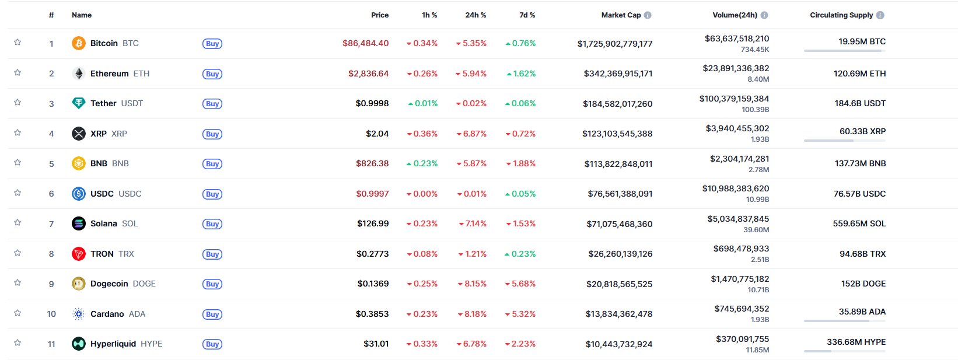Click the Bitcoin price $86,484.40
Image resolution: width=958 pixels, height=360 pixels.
pyautogui.click(x=365, y=43)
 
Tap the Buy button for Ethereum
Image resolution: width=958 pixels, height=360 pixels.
pyautogui.click(x=212, y=74)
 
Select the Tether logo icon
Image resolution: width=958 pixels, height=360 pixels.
pyautogui.click(x=78, y=103)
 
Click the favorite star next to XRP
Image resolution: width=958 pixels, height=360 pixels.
pyautogui.click(x=18, y=132)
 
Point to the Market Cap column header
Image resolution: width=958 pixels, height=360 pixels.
pyautogui.click(x=621, y=15)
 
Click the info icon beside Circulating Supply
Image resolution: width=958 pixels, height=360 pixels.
pyautogui.click(x=880, y=15)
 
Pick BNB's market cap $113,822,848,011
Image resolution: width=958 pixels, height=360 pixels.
pyautogui.click(x=618, y=164)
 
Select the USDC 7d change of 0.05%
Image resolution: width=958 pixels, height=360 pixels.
pyautogui.click(x=520, y=194)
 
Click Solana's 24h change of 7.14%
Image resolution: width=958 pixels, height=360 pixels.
pyautogui.click(x=472, y=223)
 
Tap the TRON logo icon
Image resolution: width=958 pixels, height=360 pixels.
pyautogui.click(x=78, y=254)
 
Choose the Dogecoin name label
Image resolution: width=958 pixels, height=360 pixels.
pyautogui.click(x=109, y=284)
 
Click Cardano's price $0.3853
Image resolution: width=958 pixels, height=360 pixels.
pyautogui.click(x=372, y=314)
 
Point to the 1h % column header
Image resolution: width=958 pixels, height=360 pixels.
pyautogui.click(x=429, y=15)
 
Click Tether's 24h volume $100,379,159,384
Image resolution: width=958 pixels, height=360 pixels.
pyautogui.click(x=734, y=99)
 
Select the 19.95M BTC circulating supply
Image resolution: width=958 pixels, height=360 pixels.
pyautogui.click(x=862, y=41)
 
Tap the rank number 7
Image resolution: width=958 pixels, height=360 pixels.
pyautogui.click(x=51, y=224)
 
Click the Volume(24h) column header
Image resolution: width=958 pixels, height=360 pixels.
pyautogui.click(x=735, y=15)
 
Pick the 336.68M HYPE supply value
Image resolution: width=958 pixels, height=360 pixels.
pyautogui.click(x=856, y=342)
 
